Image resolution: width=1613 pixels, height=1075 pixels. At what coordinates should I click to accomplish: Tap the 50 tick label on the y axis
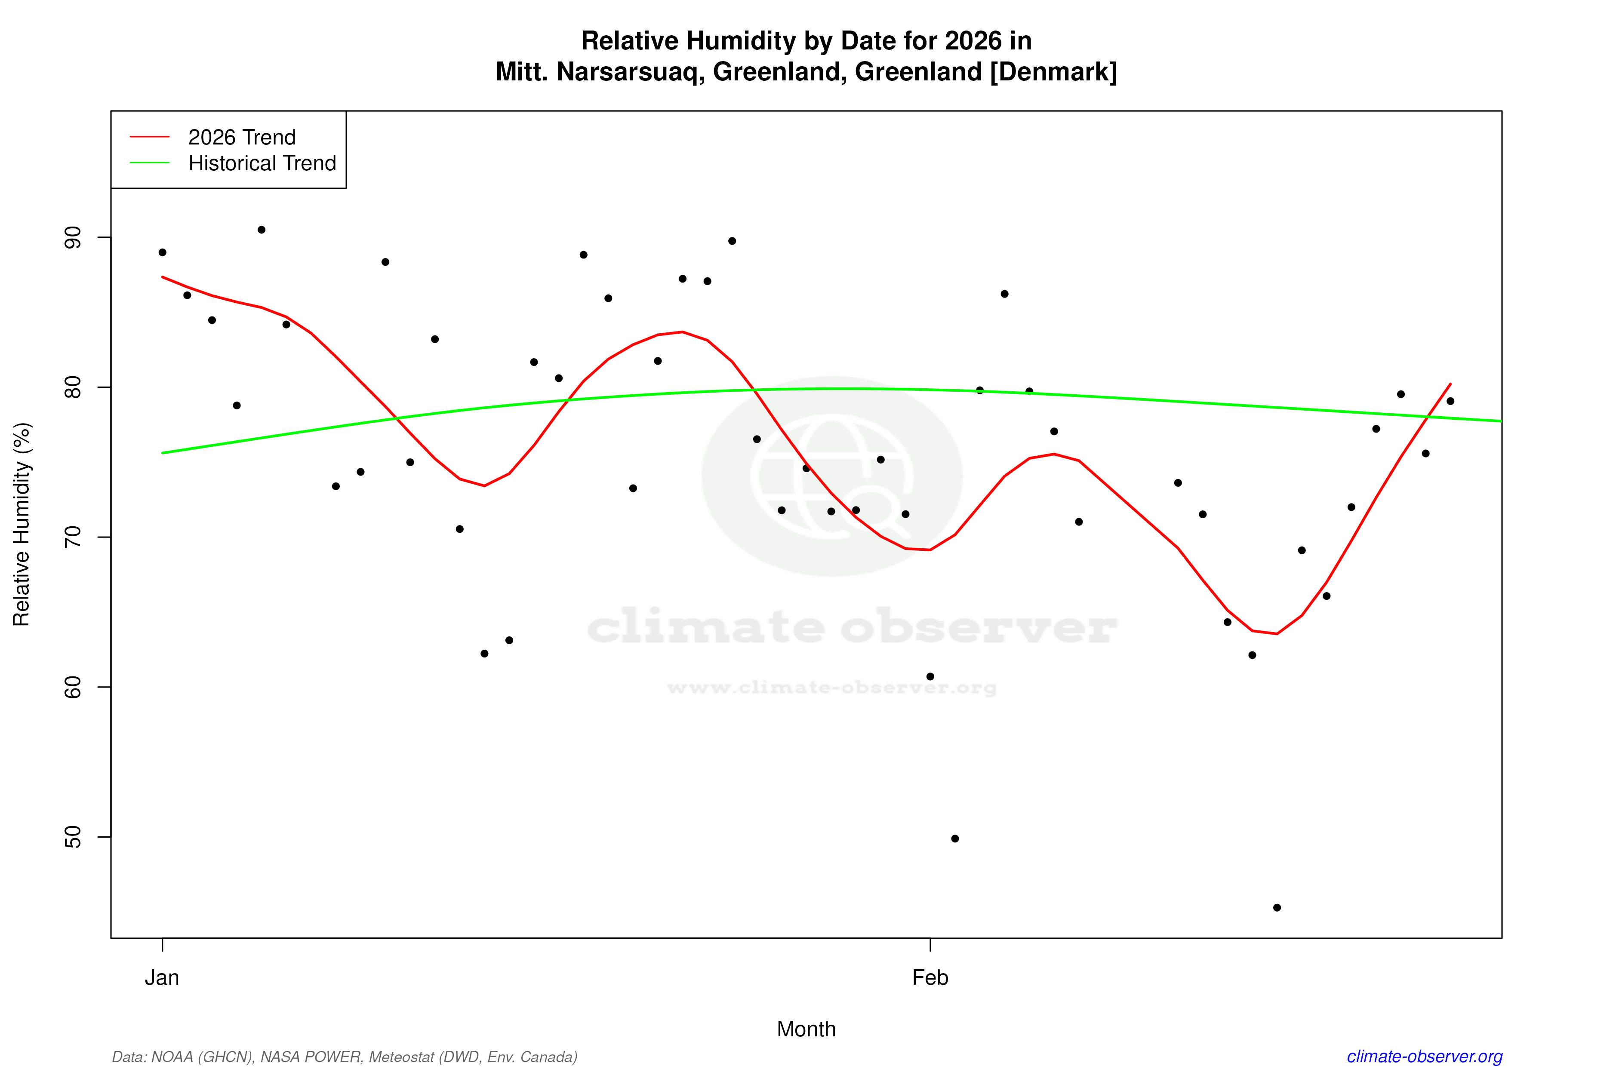pyautogui.click(x=72, y=837)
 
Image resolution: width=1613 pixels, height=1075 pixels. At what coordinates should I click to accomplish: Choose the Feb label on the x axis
pyautogui.click(x=930, y=978)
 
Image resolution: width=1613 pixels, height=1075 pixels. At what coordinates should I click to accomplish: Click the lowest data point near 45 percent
pyautogui.click(x=1277, y=908)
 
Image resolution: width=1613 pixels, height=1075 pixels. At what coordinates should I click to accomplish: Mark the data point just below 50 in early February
pyautogui.click(x=955, y=838)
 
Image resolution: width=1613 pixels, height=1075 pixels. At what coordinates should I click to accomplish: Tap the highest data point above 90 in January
pyautogui.click(x=261, y=230)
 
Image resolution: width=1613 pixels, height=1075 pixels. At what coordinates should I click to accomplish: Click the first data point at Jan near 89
pyautogui.click(x=163, y=252)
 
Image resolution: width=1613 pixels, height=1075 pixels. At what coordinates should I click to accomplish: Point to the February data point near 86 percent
pyautogui.click(x=1005, y=294)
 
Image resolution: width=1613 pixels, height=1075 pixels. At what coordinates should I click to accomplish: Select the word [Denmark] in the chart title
pyautogui.click(x=1053, y=72)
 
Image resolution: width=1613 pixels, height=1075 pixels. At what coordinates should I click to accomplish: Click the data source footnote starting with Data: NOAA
pyautogui.click(x=344, y=1057)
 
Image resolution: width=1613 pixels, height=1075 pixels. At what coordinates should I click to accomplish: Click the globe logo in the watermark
pyautogui.click(x=832, y=476)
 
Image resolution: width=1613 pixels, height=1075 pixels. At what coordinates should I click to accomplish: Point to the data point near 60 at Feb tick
pyautogui.click(x=930, y=677)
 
